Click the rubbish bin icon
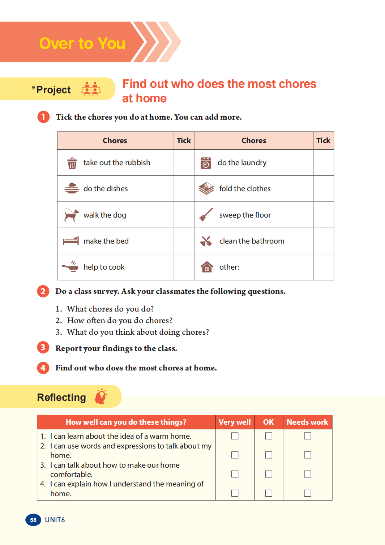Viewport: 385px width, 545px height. (72, 163)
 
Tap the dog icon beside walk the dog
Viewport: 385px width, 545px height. (71, 215)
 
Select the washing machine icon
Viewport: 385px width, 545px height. (206, 163)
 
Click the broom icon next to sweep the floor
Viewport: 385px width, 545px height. (206, 215)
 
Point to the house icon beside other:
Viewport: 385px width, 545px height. (207, 267)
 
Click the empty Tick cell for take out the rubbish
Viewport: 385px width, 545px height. (184, 163)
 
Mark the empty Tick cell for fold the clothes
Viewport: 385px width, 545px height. (323, 189)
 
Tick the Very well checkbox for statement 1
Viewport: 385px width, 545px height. (235, 436)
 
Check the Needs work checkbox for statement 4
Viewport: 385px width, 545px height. (308, 493)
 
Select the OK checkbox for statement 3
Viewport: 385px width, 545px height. (269, 474)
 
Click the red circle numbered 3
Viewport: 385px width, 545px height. (43, 348)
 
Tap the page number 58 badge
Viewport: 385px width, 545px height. (33, 520)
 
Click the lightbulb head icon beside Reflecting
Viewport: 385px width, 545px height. (101, 396)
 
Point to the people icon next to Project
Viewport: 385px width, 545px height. (91, 89)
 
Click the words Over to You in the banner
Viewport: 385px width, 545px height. (82, 43)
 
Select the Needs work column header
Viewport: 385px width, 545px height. (307, 422)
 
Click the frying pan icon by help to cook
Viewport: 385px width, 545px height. (70, 267)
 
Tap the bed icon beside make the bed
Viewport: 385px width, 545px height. (71, 241)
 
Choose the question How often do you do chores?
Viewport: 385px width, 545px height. (120, 321)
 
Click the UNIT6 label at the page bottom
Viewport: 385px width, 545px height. (55, 520)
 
